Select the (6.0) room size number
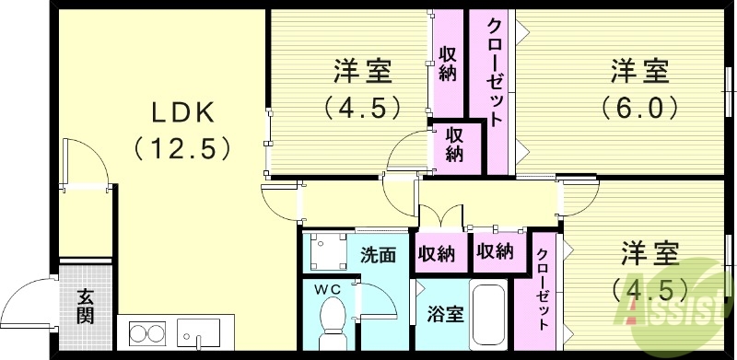pos(641,107)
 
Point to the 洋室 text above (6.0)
pos(641,71)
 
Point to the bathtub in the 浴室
pos(487,319)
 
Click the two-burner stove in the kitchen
pos(146,331)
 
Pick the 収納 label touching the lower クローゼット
pos(495,251)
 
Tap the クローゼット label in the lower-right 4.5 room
pos(543,290)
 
